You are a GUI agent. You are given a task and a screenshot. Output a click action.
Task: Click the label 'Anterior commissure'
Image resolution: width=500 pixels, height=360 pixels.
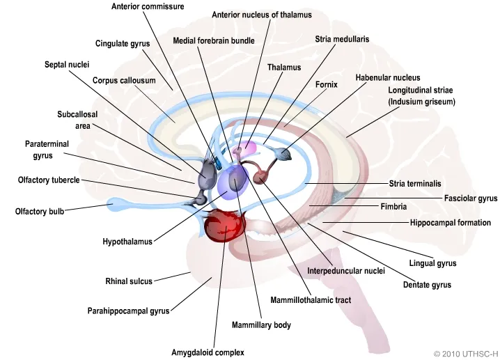coord(148,6)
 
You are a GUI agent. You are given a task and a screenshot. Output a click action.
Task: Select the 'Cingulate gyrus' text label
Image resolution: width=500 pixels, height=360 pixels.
coord(123,43)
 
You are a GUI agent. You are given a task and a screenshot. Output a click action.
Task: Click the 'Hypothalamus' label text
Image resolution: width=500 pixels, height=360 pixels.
coord(127,242)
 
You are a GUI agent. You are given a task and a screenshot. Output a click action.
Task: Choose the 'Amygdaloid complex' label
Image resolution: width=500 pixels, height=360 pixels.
coord(208,352)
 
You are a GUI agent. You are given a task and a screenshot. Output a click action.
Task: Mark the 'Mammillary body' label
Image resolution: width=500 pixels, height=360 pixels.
coord(261,325)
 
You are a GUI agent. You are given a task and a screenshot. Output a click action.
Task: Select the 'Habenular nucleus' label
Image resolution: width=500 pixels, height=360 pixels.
coord(388,77)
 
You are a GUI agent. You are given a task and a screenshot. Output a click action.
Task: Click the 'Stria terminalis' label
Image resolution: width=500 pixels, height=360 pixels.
coord(415,184)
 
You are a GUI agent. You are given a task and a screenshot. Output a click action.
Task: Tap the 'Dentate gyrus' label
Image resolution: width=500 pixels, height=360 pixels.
coord(427,285)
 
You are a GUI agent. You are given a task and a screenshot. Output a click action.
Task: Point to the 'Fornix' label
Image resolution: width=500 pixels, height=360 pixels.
coord(326,84)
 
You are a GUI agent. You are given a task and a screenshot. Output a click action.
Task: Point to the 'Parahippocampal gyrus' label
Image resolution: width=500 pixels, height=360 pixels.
coord(128,311)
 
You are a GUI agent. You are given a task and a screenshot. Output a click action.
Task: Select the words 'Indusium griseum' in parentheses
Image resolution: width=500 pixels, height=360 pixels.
coord(421,102)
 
